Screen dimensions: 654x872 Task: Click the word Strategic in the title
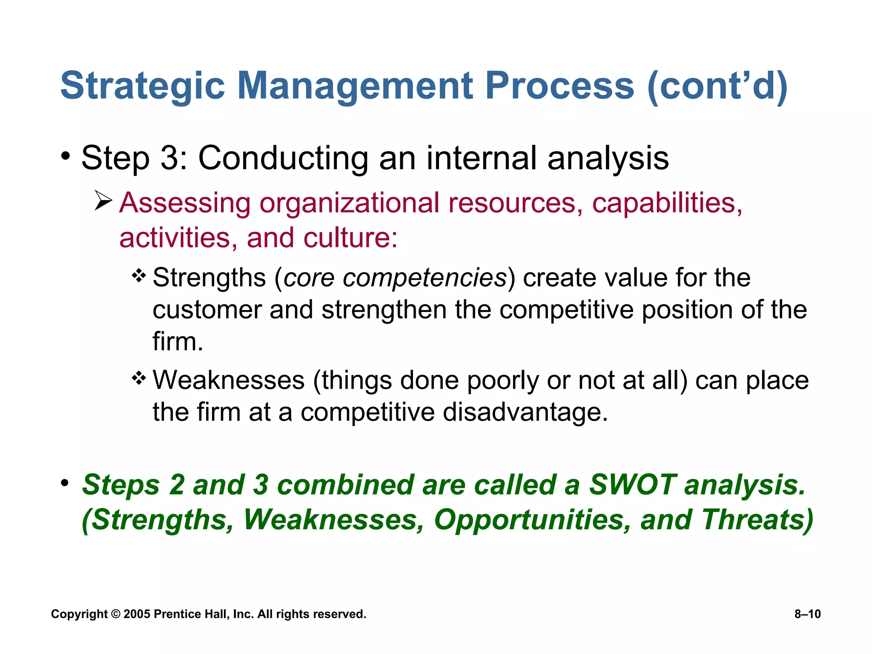coord(142,86)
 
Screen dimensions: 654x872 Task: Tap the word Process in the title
coord(559,86)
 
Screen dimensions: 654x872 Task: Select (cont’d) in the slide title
coord(717,86)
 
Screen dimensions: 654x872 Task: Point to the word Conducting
coord(283,158)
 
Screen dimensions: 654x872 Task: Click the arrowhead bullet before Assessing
coord(103,200)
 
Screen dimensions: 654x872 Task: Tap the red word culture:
coord(350,238)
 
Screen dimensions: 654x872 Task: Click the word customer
coord(207,310)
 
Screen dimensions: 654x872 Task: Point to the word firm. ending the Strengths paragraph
coord(178,341)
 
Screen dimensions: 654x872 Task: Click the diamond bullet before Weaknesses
coord(139,378)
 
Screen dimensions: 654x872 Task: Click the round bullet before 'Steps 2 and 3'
coord(65,483)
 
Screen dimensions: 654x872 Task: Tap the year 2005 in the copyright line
coord(137,614)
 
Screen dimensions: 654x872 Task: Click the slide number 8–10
coord(807,614)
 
